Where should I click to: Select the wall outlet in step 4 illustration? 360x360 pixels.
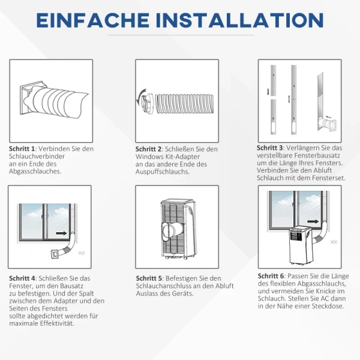82,253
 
